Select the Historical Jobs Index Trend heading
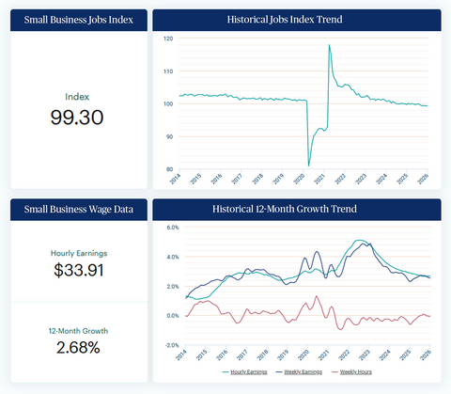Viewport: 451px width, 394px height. click(x=297, y=19)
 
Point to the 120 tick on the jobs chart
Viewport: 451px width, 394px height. click(x=168, y=39)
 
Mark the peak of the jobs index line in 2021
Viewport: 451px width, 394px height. click(x=329, y=45)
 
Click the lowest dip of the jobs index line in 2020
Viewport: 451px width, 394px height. click(x=309, y=165)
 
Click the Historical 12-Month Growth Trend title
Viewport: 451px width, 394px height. click(x=297, y=208)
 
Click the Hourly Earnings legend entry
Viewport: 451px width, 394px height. click(x=248, y=372)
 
